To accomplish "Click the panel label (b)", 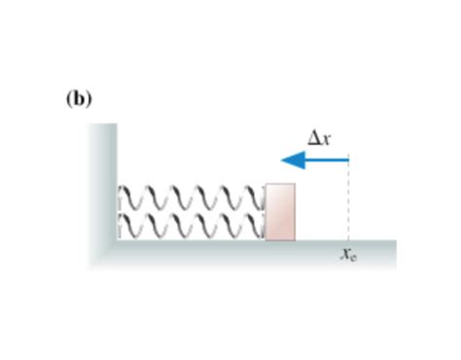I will pyautogui.click(x=79, y=99).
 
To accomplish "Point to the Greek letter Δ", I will pyautogui.click(x=313, y=138).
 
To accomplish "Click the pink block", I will pyautogui.click(x=280, y=211).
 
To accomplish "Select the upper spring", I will pyautogui.click(x=191, y=197).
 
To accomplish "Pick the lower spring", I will pyautogui.click(x=191, y=226).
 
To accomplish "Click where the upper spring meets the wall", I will pyautogui.click(x=119, y=197).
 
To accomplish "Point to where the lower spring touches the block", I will pyautogui.click(x=265, y=226).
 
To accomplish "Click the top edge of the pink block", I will pyautogui.click(x=280, y=183).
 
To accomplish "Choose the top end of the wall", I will pyautogui.click(x=106, y=126).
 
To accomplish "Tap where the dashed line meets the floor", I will pyautogui.click(x=347, y=240).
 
